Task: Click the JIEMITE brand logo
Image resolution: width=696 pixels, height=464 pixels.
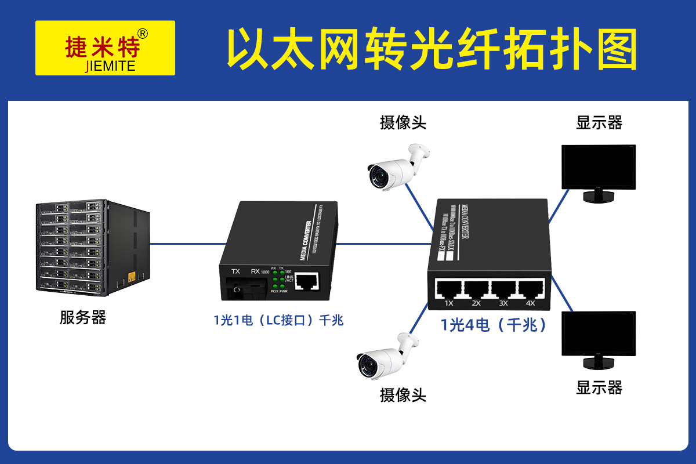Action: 105,48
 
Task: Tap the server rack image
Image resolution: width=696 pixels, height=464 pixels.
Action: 93,246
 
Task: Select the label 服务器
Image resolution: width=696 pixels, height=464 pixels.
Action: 83,318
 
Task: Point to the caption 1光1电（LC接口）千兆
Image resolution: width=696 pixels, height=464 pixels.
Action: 278,320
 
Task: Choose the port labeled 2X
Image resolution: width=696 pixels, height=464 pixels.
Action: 476,289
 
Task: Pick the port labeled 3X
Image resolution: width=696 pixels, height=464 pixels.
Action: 503,289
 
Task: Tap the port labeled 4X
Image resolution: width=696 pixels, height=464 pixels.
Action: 530,289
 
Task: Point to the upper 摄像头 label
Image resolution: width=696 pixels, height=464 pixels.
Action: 403,122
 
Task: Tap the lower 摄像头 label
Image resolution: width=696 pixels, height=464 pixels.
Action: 403,396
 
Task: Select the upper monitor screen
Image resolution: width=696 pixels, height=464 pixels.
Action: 599,166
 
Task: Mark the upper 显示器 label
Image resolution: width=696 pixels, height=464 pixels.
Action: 599,122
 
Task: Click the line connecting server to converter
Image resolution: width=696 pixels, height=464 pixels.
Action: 186,244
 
